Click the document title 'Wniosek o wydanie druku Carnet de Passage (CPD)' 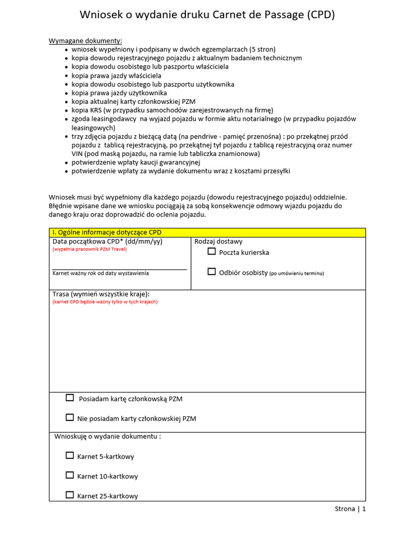point(207,15)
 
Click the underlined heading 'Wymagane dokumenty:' point(85,41)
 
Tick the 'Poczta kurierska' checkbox point(212,251)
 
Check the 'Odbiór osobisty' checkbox point(212,271)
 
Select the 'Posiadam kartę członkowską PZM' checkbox point(70,398)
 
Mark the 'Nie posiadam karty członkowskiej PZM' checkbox point(70,417)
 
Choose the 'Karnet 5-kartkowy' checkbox point(70,455)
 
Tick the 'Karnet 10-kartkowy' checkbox point(70,475)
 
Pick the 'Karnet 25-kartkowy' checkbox point(70,494)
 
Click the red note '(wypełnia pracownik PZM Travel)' point(89,249)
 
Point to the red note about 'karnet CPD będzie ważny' point(105,302)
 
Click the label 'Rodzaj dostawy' point(218,242)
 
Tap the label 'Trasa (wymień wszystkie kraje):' point(101,294)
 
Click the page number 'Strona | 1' point(350,509)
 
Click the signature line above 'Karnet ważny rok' point(119,269)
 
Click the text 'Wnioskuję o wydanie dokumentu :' point(108,436)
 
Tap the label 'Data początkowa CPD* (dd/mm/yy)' point(107,242)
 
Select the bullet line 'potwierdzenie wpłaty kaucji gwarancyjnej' point(136,162)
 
